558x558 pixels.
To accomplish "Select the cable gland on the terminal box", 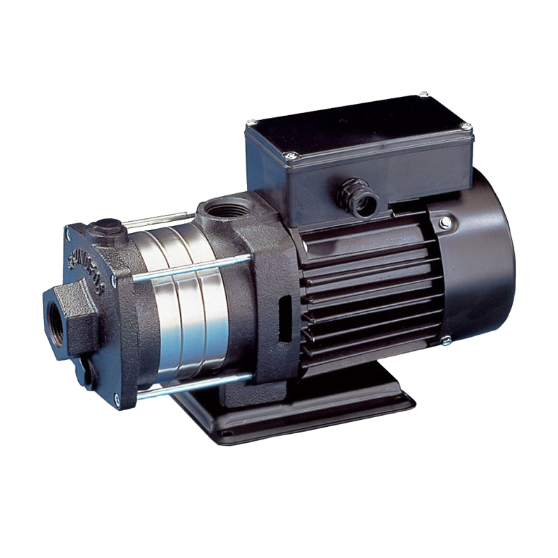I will coord(359,197).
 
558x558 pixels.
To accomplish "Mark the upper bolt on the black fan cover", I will coord(445,222).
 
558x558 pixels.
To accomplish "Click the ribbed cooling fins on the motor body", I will coord(370,293).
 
